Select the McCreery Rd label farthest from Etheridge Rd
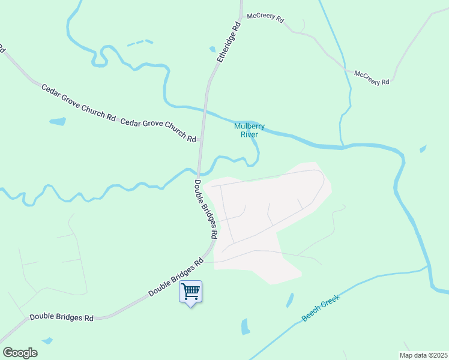(x=372, y=78)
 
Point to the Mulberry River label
(x=249, y=130)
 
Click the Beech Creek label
(x=321, y=308)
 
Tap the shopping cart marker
(x=191, y=292)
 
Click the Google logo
(x=20, y=353)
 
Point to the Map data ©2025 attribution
(x=423, y=355)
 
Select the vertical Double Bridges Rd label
(x=205, y=209)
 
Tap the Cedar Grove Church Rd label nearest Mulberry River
(x=158, y=130)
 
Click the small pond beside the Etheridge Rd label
(x=212, y=49)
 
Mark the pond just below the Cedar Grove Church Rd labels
(x=58, y=122)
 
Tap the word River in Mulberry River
(x=249, y=134)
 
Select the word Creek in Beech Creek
(x=330, y=302)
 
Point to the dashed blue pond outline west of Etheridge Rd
(x=139, y=43)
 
